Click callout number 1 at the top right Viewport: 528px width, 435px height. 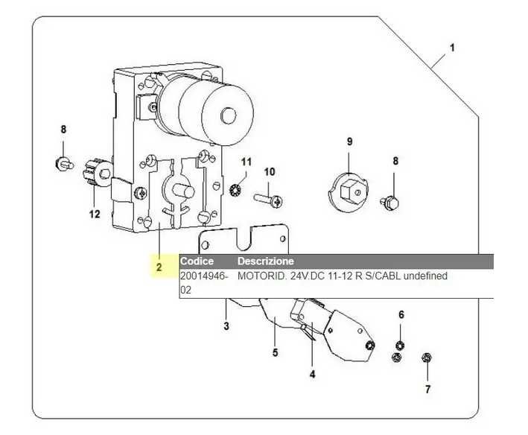(451, 50)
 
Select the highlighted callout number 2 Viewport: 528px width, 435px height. (159, 267)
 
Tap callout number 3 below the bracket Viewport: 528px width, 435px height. (226, 326)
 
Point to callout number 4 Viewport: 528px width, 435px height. (312, 375)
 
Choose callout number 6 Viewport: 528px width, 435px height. (401, 315)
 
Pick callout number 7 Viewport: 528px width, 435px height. (427, 389)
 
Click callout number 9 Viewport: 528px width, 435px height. (349, 142)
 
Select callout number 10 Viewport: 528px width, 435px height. (270, 172)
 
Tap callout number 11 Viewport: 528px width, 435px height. (246, 161)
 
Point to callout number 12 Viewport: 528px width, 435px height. (95, 215)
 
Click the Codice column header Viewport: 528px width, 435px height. (197, 261)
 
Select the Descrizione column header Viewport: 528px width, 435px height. (265, 261)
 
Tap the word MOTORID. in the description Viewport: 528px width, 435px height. (257, 276)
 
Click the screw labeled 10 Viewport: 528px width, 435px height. (267, 200)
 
